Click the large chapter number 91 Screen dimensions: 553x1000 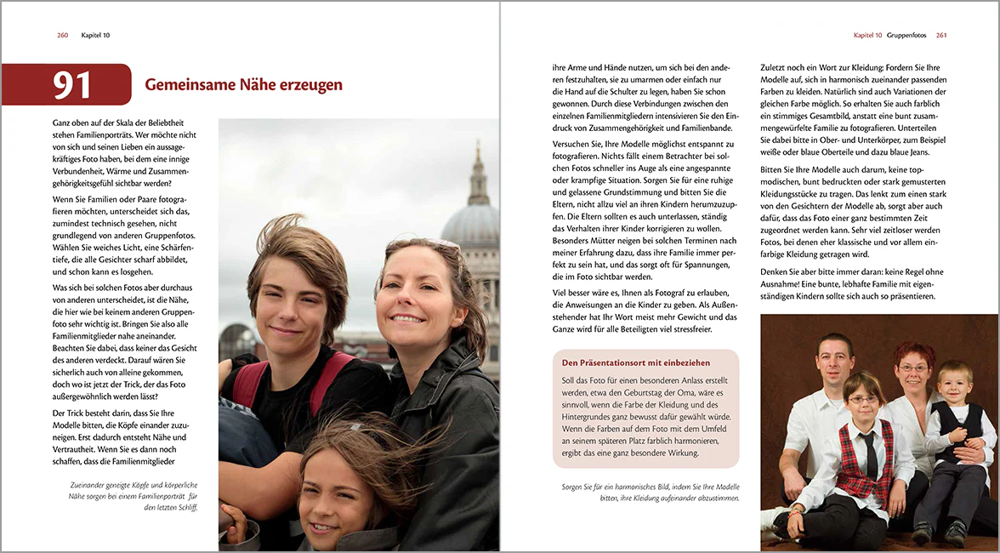[72, 85]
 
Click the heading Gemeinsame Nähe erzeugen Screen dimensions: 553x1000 [243, 85]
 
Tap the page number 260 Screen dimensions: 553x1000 [62, 35]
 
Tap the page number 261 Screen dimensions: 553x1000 [941, 35]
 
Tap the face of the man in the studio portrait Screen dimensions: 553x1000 [834, 357]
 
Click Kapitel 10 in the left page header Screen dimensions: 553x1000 [95, 35]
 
